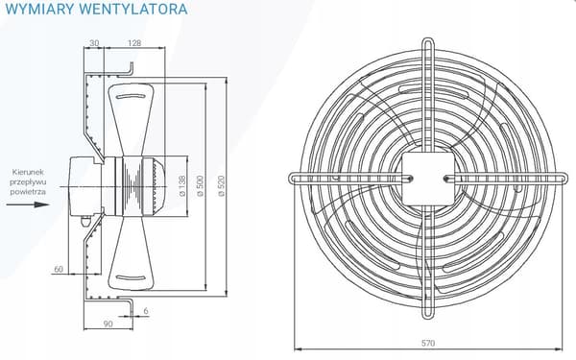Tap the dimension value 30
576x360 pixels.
[x=94, y=43]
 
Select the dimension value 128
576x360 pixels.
[x=134, y=43]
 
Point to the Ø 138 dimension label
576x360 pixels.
[x=182, y=186]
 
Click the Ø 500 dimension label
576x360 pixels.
[x=201, y=186]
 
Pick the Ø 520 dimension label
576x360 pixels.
[x=221, y=186]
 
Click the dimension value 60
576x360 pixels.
[x=59, y=269]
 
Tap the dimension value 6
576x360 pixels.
[x=146, y=311]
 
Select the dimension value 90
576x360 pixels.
[x=108, y=324]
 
